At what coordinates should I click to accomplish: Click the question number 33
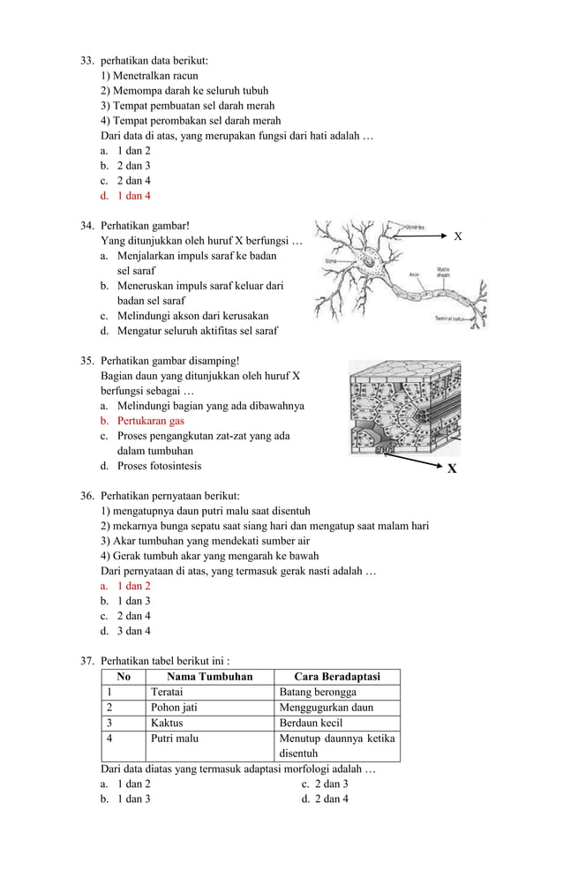(86, 60)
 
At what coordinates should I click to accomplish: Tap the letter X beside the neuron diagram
(457, 237)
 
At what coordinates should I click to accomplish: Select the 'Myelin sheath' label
(445, 271)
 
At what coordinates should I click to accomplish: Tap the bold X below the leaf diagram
(452, 469)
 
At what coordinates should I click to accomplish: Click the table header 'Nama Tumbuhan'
(209, 677)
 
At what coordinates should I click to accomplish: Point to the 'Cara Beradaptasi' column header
(337, 677)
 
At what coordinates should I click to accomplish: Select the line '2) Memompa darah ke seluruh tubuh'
(184, 90)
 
